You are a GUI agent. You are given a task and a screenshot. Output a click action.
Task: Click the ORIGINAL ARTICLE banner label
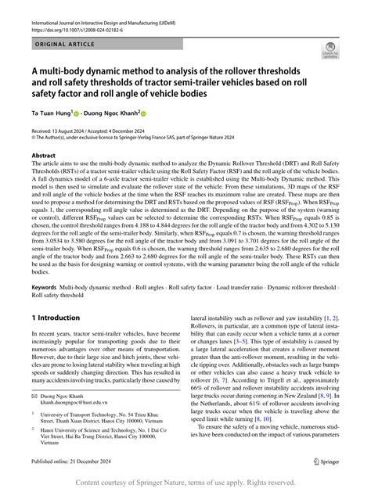(x=61, y=45)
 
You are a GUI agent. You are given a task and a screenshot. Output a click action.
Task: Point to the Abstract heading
(x=44, y=156)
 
